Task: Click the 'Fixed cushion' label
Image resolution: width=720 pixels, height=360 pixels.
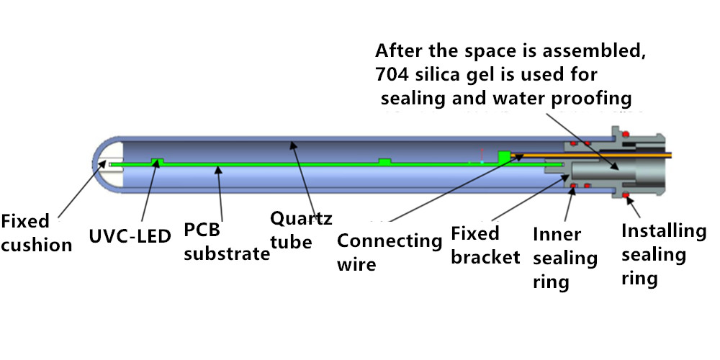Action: point(36,233)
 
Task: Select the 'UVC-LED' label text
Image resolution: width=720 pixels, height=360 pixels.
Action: point(130,236)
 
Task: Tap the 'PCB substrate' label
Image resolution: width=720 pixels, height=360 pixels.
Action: point(227,242)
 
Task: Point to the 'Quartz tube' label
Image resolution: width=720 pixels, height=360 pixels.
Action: point(301,230)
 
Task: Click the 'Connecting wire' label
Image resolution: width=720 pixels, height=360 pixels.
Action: point(390,252)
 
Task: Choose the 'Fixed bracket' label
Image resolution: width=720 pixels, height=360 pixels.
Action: point(485,246)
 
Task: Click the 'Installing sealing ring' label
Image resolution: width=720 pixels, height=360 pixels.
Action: point(664,254)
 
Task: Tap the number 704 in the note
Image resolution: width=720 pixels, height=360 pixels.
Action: point(390,74)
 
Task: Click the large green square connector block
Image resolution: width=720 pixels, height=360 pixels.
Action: point(505,156)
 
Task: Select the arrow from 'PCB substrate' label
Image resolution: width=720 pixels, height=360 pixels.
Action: point(220,194)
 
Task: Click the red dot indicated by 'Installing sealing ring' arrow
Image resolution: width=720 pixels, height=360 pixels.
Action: point(626,196)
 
